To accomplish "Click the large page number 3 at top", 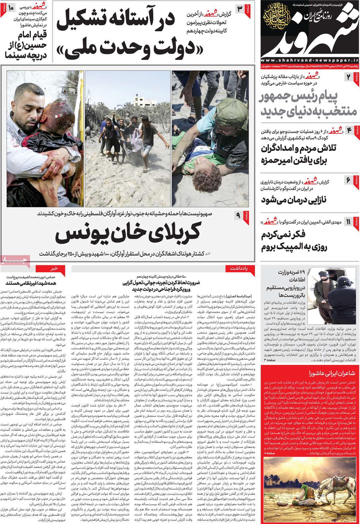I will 240,8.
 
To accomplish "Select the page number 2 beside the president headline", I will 348,77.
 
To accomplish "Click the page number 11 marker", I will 348,222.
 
